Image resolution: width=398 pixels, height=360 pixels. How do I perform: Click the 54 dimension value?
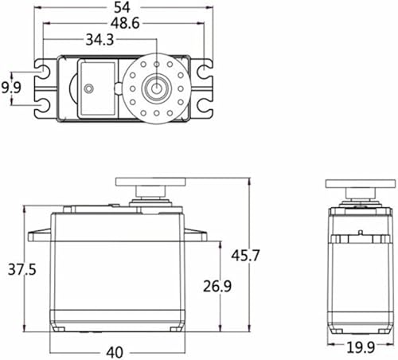pyautogui.click(x=123, y=7)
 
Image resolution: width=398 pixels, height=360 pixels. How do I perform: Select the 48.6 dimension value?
pyautogui.click(x=125, y=23)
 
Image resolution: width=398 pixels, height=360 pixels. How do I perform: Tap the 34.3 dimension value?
pyautogui.click(x=99, y=40)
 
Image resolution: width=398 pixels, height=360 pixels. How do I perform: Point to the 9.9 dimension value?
pyautogui.click(x=11, y=88)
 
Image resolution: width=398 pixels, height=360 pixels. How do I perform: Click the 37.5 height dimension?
pyautogui.click(x=21, y=269)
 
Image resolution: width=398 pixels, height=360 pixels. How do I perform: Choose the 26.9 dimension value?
pyautogui.click(x=217, y=286)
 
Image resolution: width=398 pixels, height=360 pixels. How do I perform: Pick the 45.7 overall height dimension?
pyautogui.click(x=245, y=256)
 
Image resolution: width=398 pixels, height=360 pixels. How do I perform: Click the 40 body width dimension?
pyautogui.click(x=115, y=352)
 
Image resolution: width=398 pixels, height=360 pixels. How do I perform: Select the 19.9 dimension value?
pyautogui.click(x=361, y=347)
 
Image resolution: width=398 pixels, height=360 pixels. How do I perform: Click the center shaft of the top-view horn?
pyautogui.click(x=157, y=88)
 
